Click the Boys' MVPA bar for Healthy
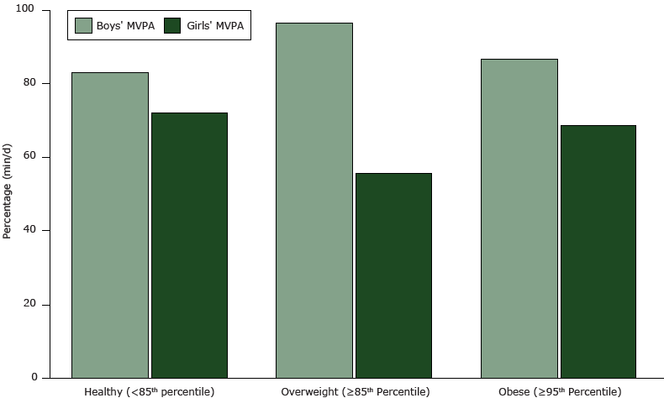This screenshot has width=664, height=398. (x=110, y=225)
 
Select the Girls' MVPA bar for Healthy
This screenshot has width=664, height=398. (x=189, y=245)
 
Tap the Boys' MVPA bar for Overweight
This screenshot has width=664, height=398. (x=314, y=200)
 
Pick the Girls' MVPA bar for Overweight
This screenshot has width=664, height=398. (x=393, y=275)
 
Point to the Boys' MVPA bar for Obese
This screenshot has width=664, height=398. (x=519, y=218)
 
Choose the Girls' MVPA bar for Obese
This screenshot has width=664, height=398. (x=598, y=251)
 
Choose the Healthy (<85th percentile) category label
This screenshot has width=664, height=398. (x=150, y=391)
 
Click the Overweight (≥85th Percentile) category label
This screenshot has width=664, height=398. (x=354, y=391)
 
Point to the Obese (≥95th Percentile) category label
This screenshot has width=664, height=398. (x=559, y=391)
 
